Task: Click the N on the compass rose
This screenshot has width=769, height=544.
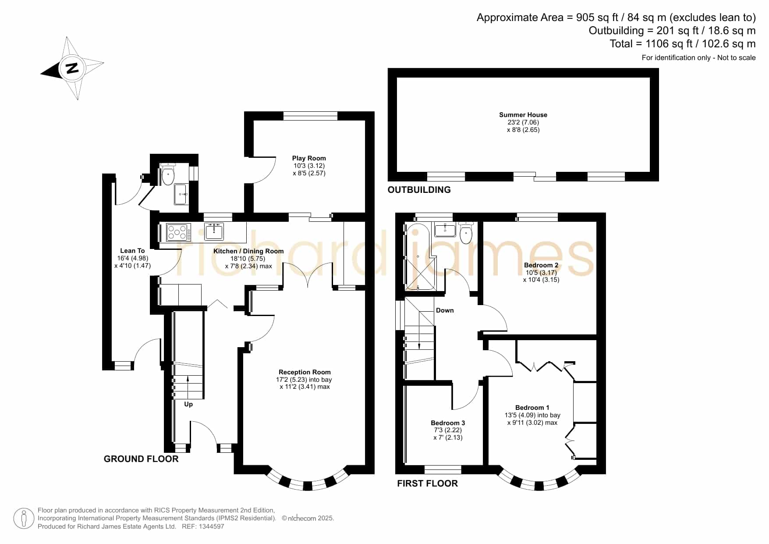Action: pyautogui.click(x=72, y=68)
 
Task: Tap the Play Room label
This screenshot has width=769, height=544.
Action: pyautogui.click(x=309, y=158)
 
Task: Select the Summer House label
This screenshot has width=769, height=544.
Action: pyautogui.click(x=523, y=115)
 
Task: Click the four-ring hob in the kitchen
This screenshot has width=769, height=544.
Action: pyautogui.click(x=178, y=232)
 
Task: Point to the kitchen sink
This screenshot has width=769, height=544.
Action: pyautogui.click(x=214, y=231)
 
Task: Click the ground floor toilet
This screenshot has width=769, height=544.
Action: pyautogui.click(x=168, y=174)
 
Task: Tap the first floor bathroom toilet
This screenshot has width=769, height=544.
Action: pyautogui.click(x=466, y=233)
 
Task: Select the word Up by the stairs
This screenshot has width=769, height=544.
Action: pyautogui.click(x=188, y=404)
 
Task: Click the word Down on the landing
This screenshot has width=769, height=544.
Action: pyautogui.click(x=445, y=310)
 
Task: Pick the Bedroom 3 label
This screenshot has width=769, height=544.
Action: pyautogui.click(x=448, y=423)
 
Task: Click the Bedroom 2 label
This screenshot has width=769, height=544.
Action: pyautogui.click(x=541, y=265)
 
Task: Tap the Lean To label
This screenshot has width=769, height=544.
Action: pyautogui.click(x=132, y=251)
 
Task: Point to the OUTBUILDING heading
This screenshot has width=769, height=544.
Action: pyautogui.click(x=419, y=190)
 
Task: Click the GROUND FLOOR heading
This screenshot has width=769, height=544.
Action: pyautogui.click(x=141, y=459)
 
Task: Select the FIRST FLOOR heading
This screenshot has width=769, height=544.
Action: pyautogui.click(x=427, y=484)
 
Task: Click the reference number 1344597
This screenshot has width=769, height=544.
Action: pyautogui.click(x=212, y=526)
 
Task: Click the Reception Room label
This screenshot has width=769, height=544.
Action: pyautogui.click(x=305, y=372)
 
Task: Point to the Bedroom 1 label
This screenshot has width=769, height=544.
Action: pyautogui.click(x=532, y=408)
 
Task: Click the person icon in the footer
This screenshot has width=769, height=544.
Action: pyautogui.click(x=24, y=519)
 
